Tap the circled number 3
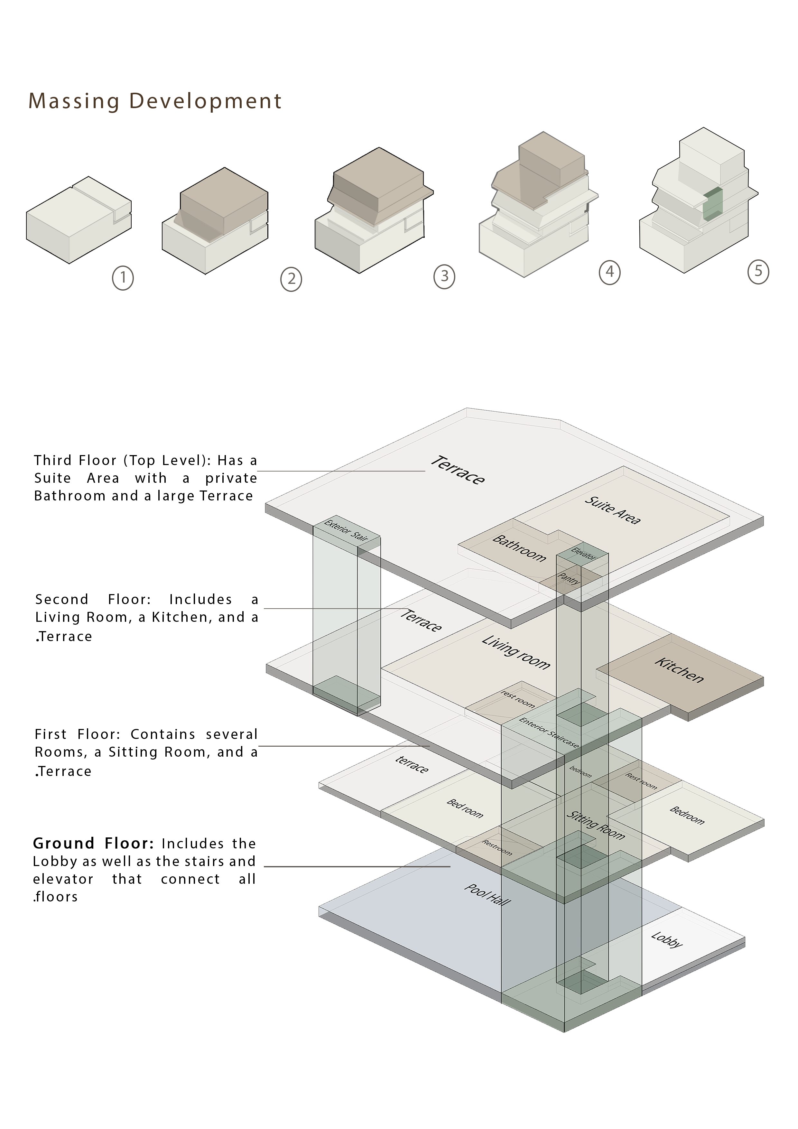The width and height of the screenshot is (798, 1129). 444,277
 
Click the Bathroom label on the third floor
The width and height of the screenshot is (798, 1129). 520,548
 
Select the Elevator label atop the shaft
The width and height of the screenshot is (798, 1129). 584,554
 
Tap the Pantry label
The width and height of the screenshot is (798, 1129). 569,578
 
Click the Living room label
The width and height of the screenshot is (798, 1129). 516,652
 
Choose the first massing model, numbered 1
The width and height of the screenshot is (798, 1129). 79,220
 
